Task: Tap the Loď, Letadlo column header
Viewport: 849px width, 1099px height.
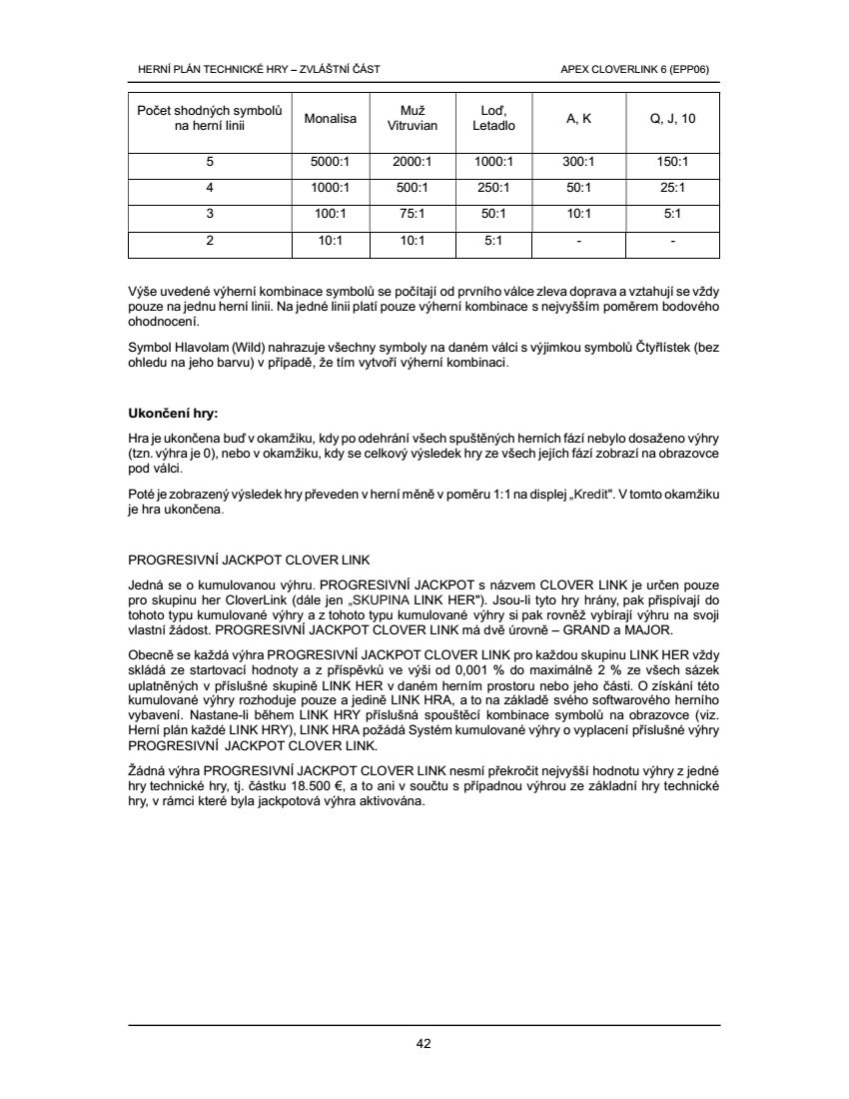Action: pyautogui.click(x=493, y=119)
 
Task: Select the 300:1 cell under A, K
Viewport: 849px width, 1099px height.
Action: pyautogui.click(x=579, y=161)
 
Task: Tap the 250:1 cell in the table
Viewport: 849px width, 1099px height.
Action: pyautogui.click(x=493, y=187)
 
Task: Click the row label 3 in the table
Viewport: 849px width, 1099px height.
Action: pyautogui.click(x=210, y=214)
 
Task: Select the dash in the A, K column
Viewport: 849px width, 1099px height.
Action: pyautogui.click(x=579, y=241)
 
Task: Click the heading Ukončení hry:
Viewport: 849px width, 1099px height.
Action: pyautogui.click(x=173, y=413)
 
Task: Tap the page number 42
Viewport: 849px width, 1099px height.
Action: pyautogui.click(x=424, y=1044)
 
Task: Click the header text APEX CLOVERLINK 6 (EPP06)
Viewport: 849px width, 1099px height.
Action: pyautogui.click(x=641, y=69)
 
